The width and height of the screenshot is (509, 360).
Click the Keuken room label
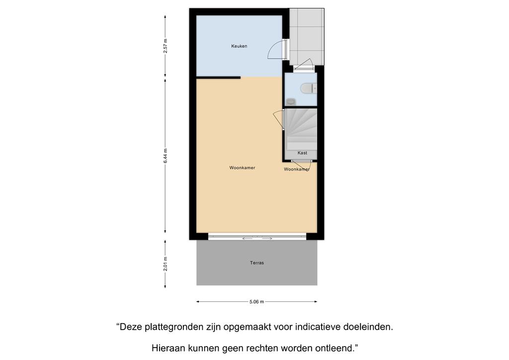(239, 46)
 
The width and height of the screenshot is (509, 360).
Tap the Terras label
(257, 263)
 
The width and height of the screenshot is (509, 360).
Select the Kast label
(302, 153)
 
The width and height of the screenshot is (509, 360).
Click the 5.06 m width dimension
(256, 301)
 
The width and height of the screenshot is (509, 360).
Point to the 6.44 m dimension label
(165, 156)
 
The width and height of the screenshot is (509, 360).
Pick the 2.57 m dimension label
(165, 46)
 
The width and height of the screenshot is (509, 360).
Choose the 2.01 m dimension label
(165, 264)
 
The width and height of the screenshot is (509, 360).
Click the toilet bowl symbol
(308, 89)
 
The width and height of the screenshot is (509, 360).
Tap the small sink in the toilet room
(291, 101)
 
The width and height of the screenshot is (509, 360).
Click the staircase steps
(301, 129)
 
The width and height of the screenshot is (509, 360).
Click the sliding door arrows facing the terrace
(257, 239)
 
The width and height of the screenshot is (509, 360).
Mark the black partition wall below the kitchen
(219, 78)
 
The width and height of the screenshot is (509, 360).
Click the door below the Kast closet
(301, 165)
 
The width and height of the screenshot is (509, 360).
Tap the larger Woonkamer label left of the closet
(242, 168)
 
